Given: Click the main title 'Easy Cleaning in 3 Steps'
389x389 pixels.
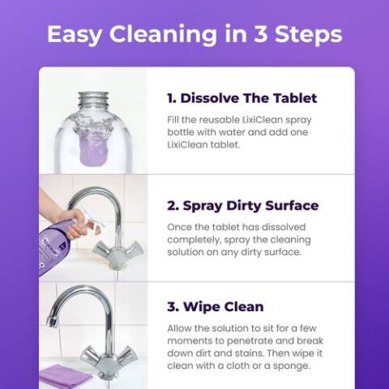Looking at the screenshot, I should click(194, 35).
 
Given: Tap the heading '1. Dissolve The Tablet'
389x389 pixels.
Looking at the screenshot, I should click(242, 99).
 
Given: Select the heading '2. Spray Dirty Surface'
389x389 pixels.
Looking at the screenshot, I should click(242, 206).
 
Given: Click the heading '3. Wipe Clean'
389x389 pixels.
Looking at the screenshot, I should click(215, 307).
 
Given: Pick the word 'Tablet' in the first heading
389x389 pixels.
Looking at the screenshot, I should click(293, 99).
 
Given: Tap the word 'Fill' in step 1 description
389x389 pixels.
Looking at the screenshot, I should click(174, 119).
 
